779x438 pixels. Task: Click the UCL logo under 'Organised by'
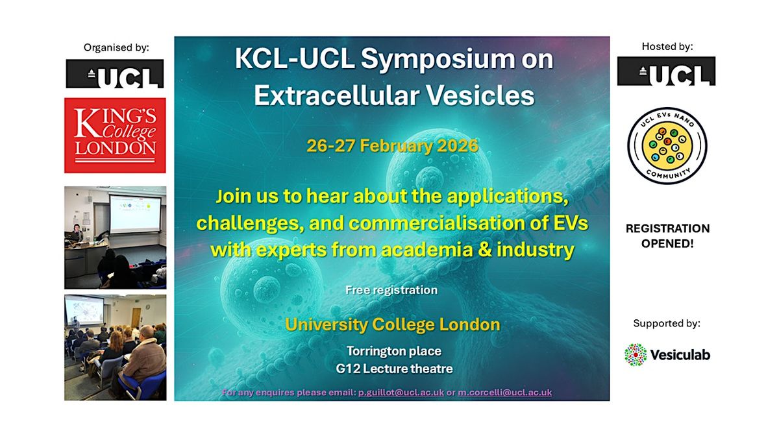pos(115,74)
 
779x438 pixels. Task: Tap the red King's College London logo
pos(115,135)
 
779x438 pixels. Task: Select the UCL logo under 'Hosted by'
pos(666,71)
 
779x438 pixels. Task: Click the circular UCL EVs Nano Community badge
pos(667,145)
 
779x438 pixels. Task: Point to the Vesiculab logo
pos(667,355)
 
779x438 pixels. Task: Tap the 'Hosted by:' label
pos(667,46)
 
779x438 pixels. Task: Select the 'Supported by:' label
pos(667,323)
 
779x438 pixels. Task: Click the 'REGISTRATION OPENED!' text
pos(667,235)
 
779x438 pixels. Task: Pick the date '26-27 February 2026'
pos(392,145)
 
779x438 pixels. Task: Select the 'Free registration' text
pos(391,290)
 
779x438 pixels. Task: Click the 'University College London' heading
pos(391,324)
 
